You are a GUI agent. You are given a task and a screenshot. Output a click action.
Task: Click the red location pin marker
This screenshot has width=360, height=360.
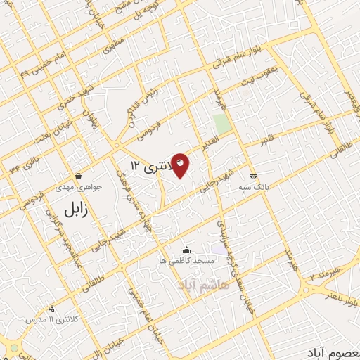pos(181,164)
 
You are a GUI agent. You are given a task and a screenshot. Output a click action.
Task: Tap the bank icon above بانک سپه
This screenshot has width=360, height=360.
pos(254,176)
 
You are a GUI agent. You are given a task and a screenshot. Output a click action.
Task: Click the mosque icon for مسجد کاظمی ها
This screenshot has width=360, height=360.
pos(186,250)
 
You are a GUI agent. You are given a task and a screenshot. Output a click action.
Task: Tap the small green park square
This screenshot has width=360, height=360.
pos(222,124)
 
